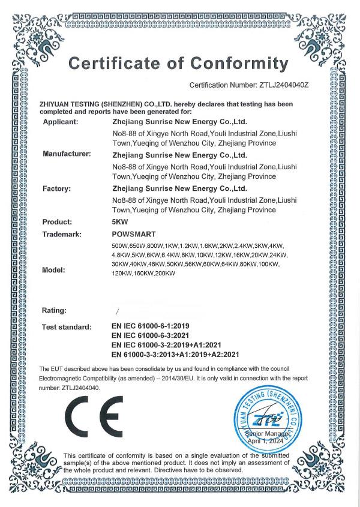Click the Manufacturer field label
coord(67,154)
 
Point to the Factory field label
coord(57,188)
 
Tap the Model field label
coord(54,270)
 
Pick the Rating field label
coord(55,310)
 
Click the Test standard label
coord(66,327)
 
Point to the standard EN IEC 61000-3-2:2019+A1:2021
coord(167,344)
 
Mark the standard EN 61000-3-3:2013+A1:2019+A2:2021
coord(176,354)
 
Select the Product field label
coord(57,221)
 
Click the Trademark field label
coord(63,233)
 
